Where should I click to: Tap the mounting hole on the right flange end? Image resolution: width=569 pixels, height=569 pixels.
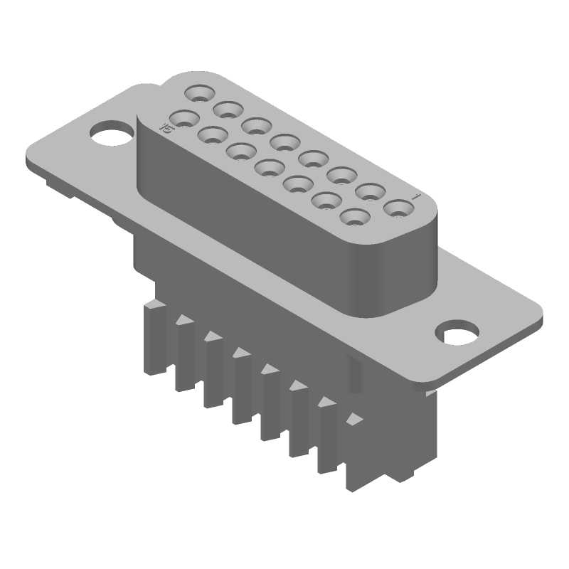(x=457, y=334)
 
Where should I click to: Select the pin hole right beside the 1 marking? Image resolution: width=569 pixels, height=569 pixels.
(x=399, y=208)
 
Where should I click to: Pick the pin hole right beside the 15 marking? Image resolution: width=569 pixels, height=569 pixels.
(x=183, y=117)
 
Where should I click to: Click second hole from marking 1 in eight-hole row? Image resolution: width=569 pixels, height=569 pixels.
(x=371, y=192)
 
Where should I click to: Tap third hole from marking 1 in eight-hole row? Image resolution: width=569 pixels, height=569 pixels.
(x=342, y=175)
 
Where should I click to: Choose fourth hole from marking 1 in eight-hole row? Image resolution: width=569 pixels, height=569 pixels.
(x=314, y=159)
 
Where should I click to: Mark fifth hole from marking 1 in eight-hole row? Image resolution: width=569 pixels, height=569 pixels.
(x=285, y=142)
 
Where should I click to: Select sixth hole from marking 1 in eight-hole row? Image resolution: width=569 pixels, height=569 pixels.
(x=257, y=126)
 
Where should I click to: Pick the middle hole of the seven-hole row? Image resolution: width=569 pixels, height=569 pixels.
(x=268, y=167)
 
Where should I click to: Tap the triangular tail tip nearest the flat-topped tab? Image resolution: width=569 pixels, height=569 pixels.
(x=184, y=321)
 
